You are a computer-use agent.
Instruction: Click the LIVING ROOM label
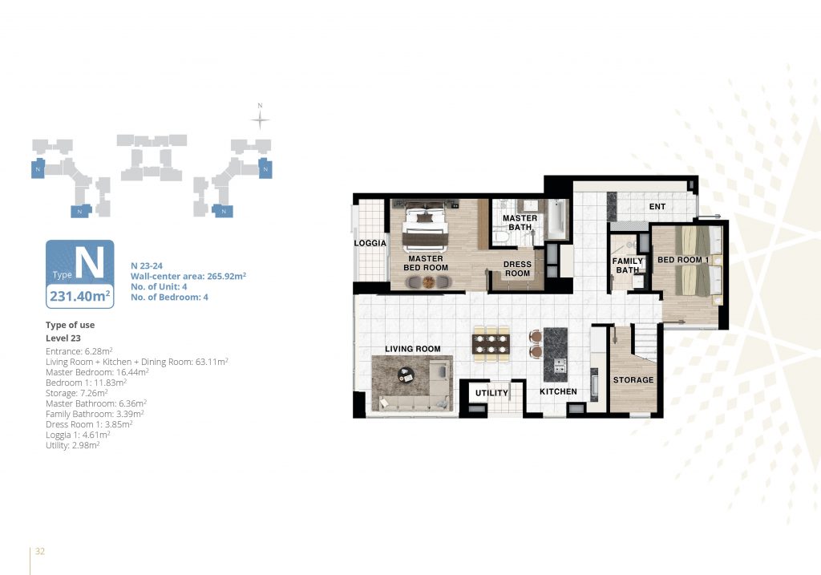coord(413,349)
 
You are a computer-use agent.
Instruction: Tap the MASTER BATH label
coord(520,223)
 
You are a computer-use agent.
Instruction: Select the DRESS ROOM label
coord(517,269)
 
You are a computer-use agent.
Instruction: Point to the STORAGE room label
coord(633,379)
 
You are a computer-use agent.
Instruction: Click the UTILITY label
coord(491,393)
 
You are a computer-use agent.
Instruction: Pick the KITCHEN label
coord(558,391)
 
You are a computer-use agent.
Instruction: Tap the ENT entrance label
coord(657,207)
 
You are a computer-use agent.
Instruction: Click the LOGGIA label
coord(370,243)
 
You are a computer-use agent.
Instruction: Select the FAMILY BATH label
coord(627,265)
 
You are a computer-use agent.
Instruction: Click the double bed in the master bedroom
coord(425,227)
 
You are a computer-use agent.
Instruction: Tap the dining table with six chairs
coord(491,344)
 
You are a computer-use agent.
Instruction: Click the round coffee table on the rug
coord(405,375)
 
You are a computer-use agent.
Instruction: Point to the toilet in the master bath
coord(501,237)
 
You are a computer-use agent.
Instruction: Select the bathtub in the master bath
coord(556,218)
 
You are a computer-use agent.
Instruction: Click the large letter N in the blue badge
coord(90,262)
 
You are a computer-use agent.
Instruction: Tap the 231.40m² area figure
coord(80,296)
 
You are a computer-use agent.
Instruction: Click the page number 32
coord(40,551)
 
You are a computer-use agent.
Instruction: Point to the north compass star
coord(260,120)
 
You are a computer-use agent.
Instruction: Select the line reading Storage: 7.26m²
coord(76,393)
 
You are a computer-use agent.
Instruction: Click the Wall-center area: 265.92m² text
coord(188,276)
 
